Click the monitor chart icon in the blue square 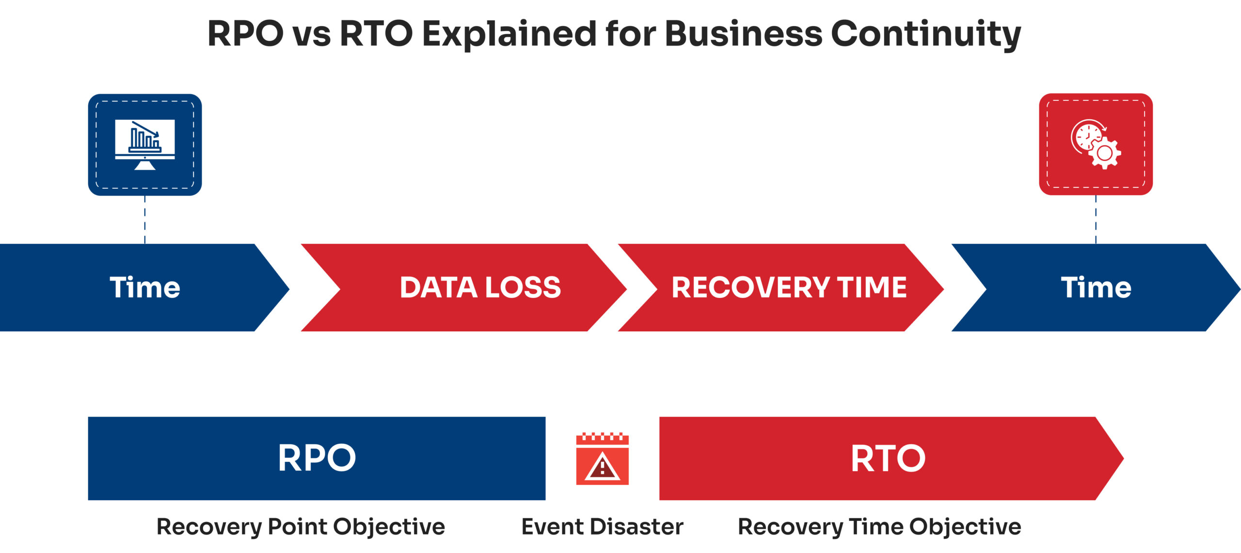click(x=145, y=145)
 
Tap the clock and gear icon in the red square click(x=1096, y=144)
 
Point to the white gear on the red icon click(x=1105, y=153)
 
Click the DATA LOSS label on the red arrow click(x=480, y=287)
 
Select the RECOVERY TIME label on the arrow click(x=789, y=287)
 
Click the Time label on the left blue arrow click(x=145, y=287)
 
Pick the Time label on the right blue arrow click(x=1096, y=287)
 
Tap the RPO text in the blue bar click(x=317, y=458)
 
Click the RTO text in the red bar click(x=888, y=458)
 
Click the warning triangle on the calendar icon click(x=602, y=467)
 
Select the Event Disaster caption click(x=603, y=526)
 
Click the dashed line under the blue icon click(x=145, y=220)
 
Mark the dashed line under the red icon click(x=1096, y=219)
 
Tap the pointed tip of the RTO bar click(x=1123, y=458)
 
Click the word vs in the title click(x=312, y=35)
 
